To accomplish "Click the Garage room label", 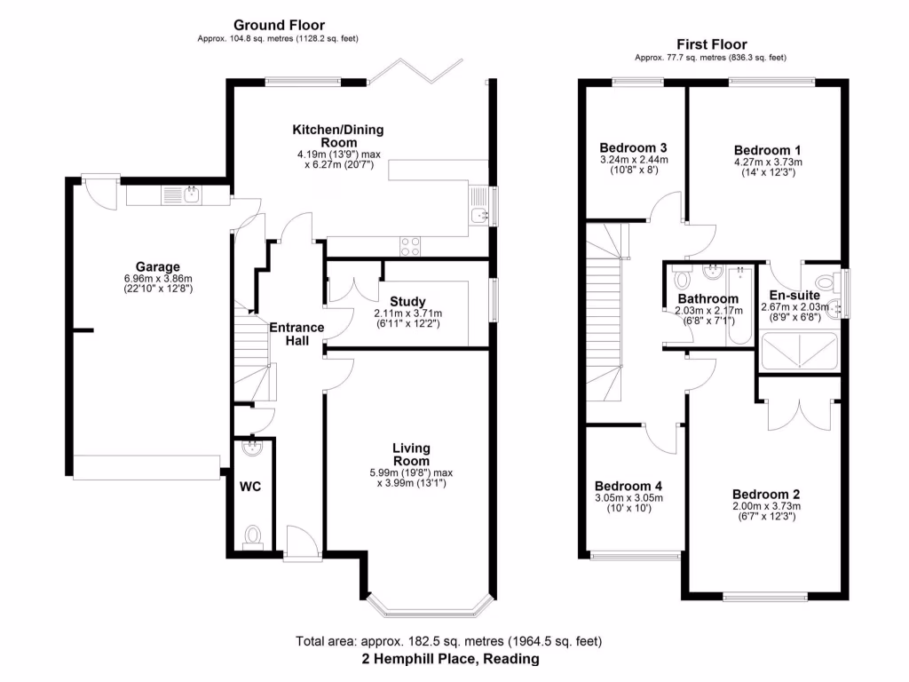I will [x=158, y=266].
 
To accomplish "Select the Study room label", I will [x=407, y=301].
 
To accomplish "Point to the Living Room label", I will [x=411, y=455].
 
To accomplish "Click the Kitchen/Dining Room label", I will [x=338, y=136].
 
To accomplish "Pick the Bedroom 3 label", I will [x=633, y=147].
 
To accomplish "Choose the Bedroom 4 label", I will [x=628, y=486].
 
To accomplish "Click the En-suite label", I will [x=794, y=295].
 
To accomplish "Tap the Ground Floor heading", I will [x=279, y=25].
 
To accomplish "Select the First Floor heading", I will [x=711, y=44].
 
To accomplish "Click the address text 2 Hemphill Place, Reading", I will [x=449, y=659].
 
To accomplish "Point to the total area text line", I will [x=449, y=641].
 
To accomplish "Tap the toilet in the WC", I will [x=254, y=535].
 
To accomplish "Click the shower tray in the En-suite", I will [x=800, y=350].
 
